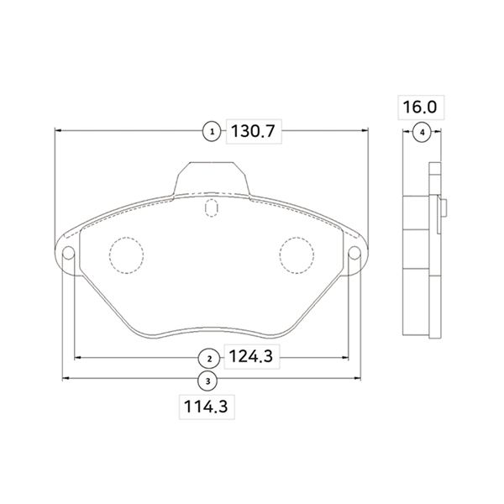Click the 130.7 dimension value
tap(254, 131)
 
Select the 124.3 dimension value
tap(251, 356)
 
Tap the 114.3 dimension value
tap(206, 407)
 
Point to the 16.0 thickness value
tap(420, 107)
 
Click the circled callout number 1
tap(212, 132)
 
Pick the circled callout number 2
tap(209, 359)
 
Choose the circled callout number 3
tap(208, 381)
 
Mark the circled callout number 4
tap(422, 132)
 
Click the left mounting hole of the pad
tap(69, 253)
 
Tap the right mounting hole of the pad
tap(354, 253)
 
